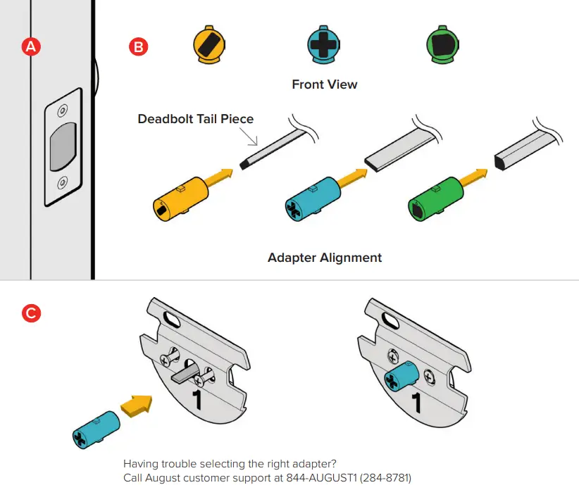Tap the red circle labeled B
tap(137, 47)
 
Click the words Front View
tap(325, 84)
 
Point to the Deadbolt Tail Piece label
tap(195, 118)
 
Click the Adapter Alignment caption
tap(325, 258)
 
